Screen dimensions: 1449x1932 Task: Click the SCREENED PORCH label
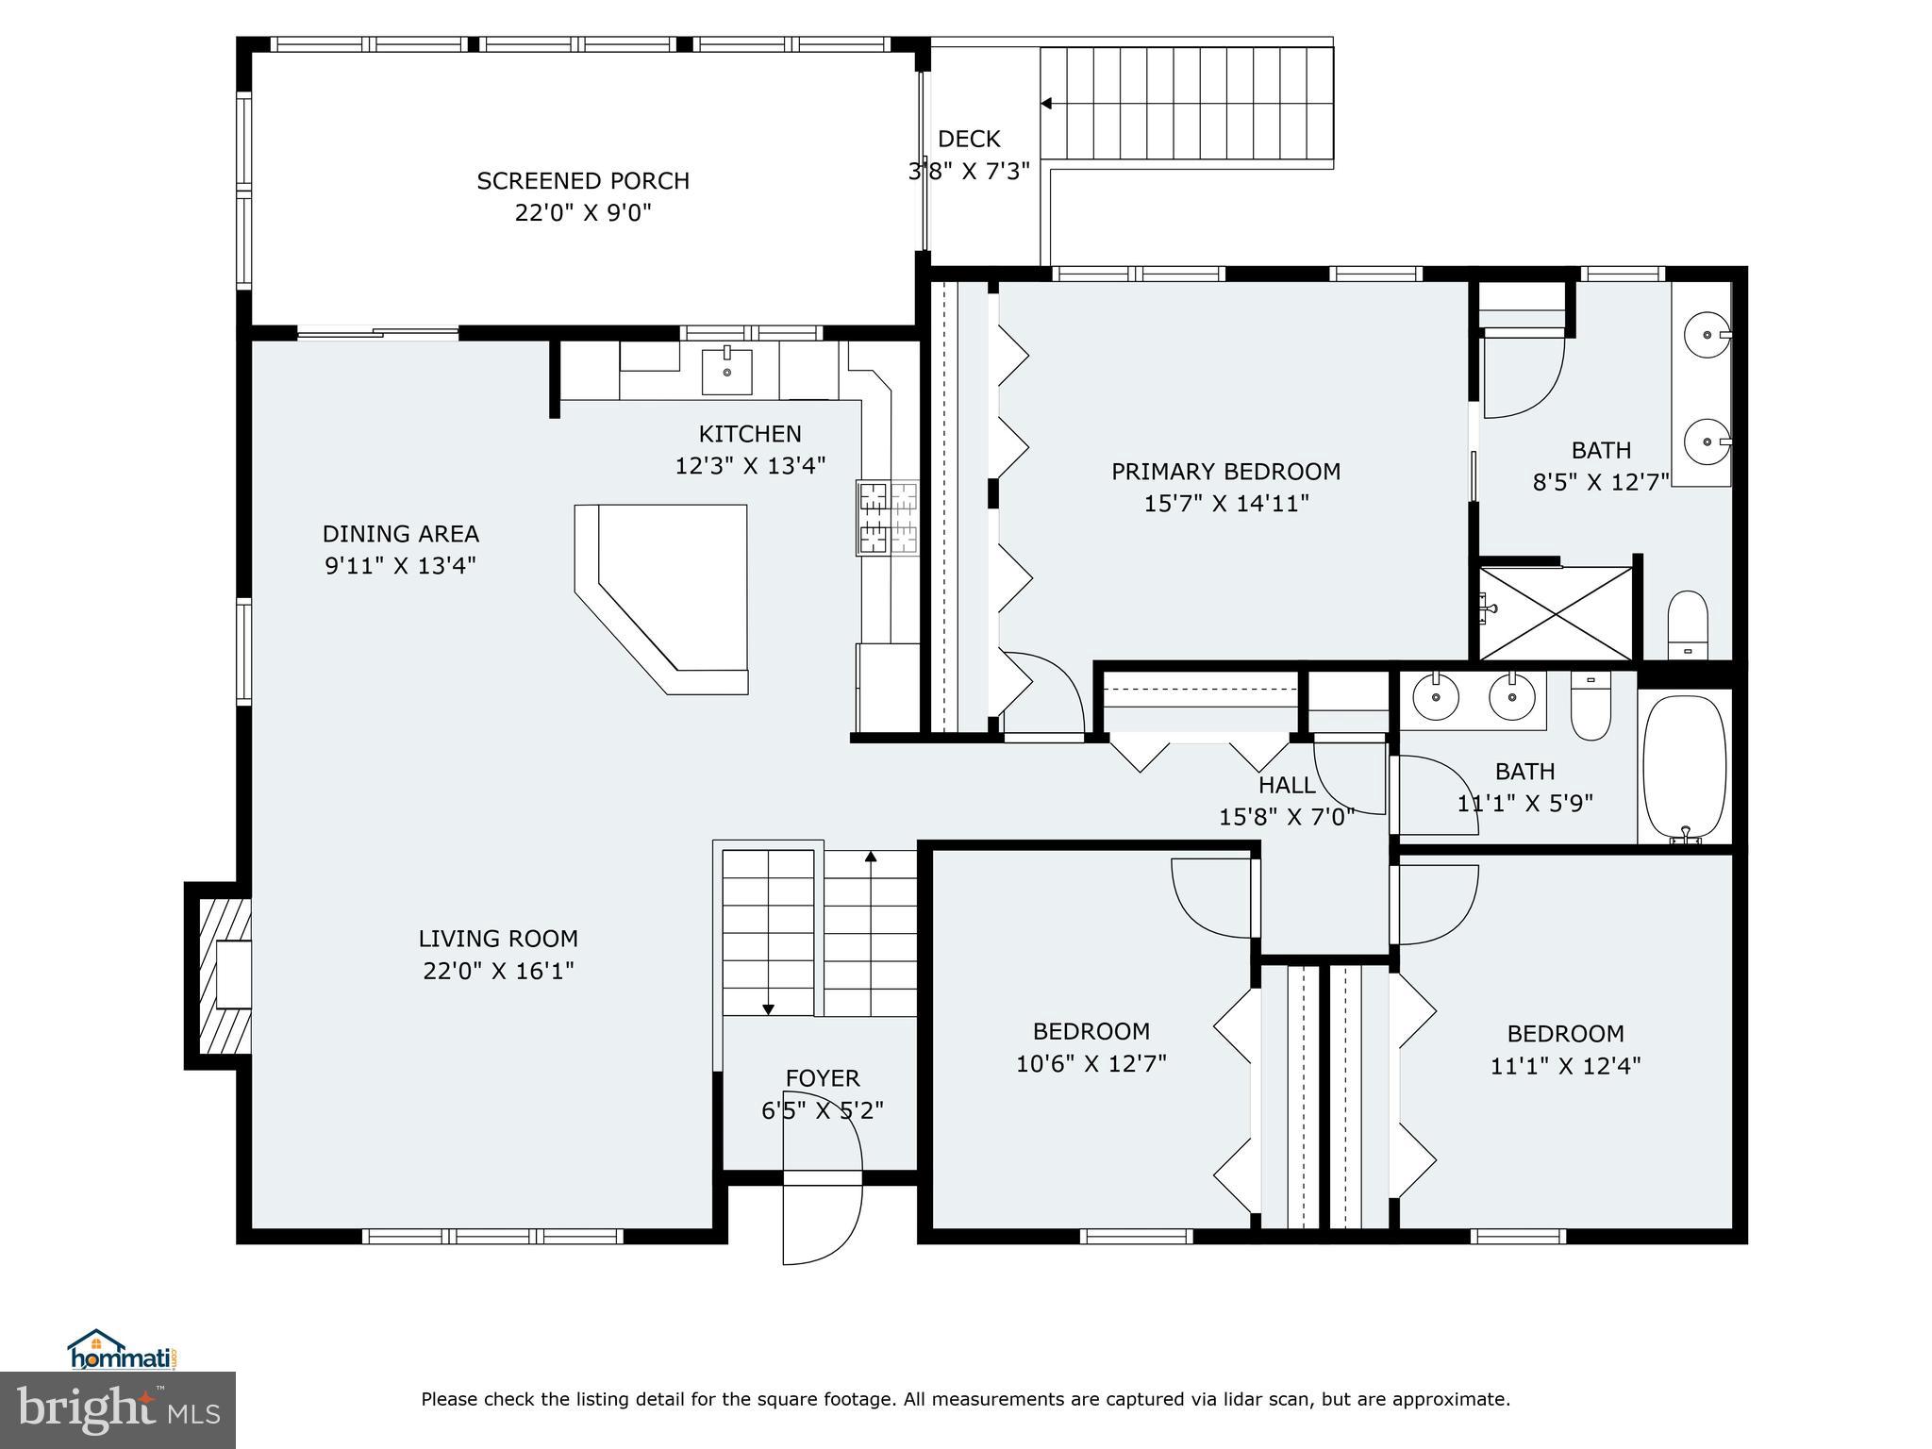[583, 180]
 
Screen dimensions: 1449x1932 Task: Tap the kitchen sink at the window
[727, 371]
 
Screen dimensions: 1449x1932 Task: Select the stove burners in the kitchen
[887, 517]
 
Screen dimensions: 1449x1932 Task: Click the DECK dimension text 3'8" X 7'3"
[969, 172]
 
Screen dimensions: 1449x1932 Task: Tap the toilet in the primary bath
[1688, 625]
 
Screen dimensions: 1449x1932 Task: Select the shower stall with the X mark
[1555, 612]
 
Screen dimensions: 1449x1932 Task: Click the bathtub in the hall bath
[1685, 766]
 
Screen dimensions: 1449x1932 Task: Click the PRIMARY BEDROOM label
[1225, 471]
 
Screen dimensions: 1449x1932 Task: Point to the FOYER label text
[823, 1077]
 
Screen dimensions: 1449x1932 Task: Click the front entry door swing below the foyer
[823, 1222]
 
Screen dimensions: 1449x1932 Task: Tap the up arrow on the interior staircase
[871, 857]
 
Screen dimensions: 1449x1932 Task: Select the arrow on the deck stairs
[1046, 104]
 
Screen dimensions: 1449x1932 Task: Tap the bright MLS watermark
[118, 1409]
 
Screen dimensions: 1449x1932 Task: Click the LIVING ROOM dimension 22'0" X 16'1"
[498, 971]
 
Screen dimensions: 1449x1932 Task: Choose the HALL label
[1287, 785]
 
